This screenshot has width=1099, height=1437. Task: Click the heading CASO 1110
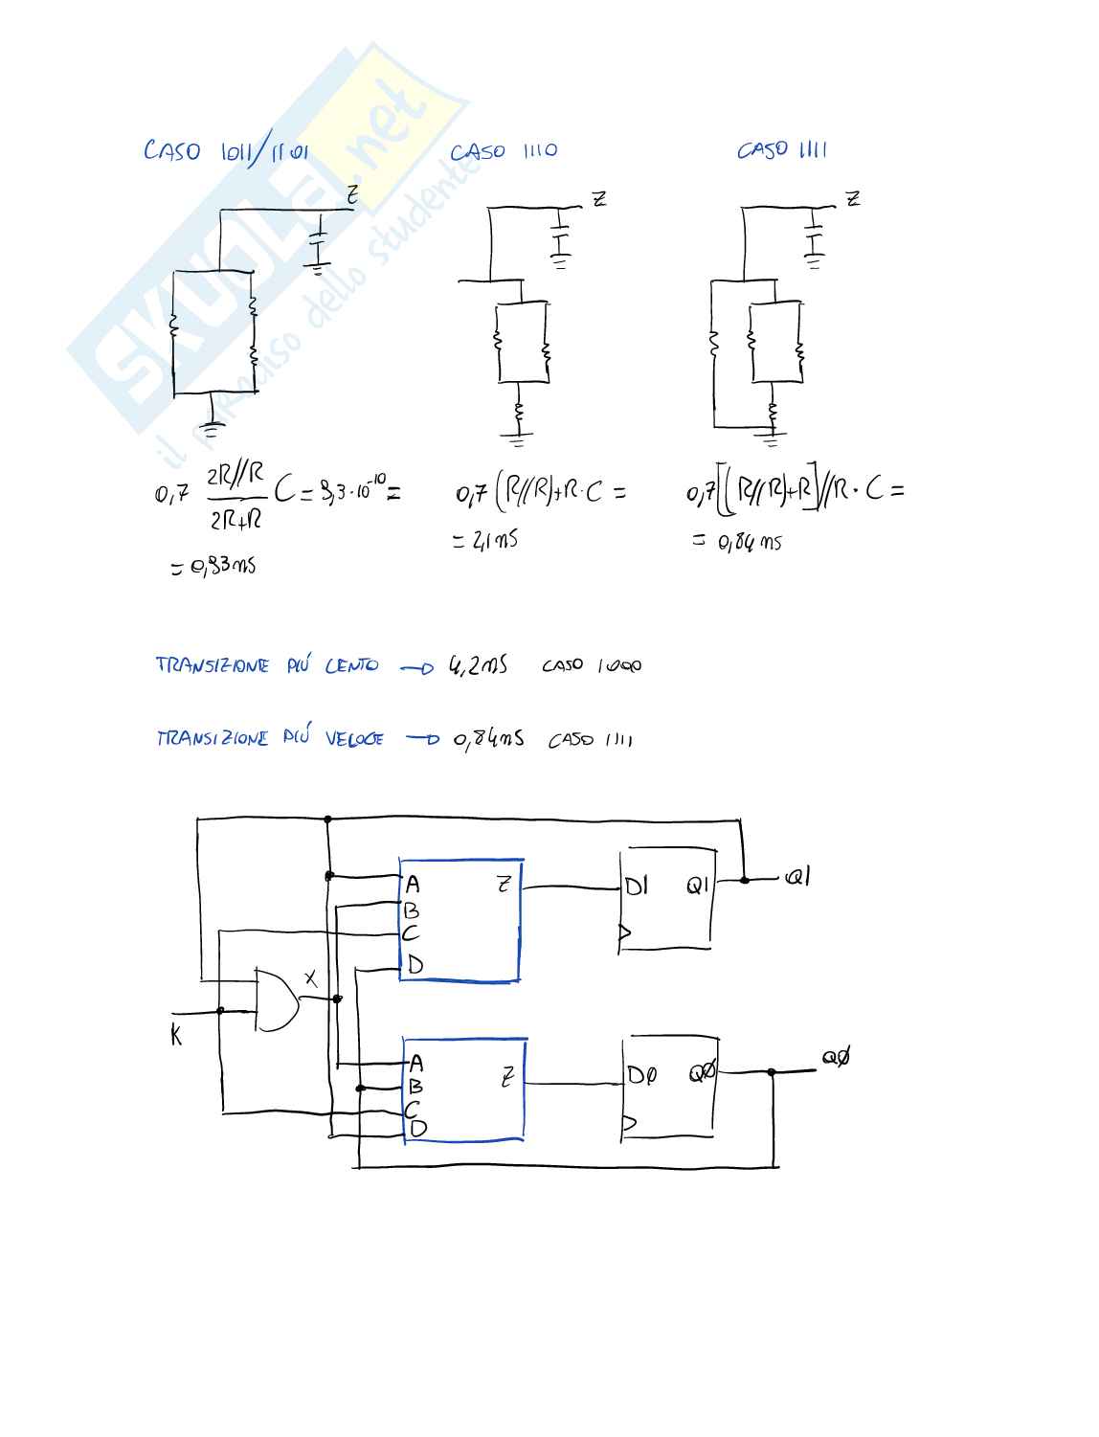pos(504,151)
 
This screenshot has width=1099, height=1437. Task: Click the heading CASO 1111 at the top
pos(782,149)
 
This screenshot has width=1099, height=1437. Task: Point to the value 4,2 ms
pos(478,664)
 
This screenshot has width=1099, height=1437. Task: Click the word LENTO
pos(351,665)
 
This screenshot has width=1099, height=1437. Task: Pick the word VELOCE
pos(354,738)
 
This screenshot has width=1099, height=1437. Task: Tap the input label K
pos(176,1034)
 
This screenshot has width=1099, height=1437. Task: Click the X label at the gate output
pos(310,977)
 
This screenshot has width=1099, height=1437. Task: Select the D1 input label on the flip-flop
pos(637,887)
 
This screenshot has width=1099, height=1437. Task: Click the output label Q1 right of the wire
pos(796,876)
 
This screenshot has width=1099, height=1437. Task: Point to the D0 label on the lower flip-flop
pos(641,1075)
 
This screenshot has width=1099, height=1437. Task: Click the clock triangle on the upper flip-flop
pos(625,932)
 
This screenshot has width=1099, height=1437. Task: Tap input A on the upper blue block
pos(413,885)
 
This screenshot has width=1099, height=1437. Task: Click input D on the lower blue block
pos(418,1129)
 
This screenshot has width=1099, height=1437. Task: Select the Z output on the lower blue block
pos(507,1077)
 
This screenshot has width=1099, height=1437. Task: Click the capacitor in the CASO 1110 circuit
pos(560,236)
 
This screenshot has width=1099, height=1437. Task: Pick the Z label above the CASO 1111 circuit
pos(852,198)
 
